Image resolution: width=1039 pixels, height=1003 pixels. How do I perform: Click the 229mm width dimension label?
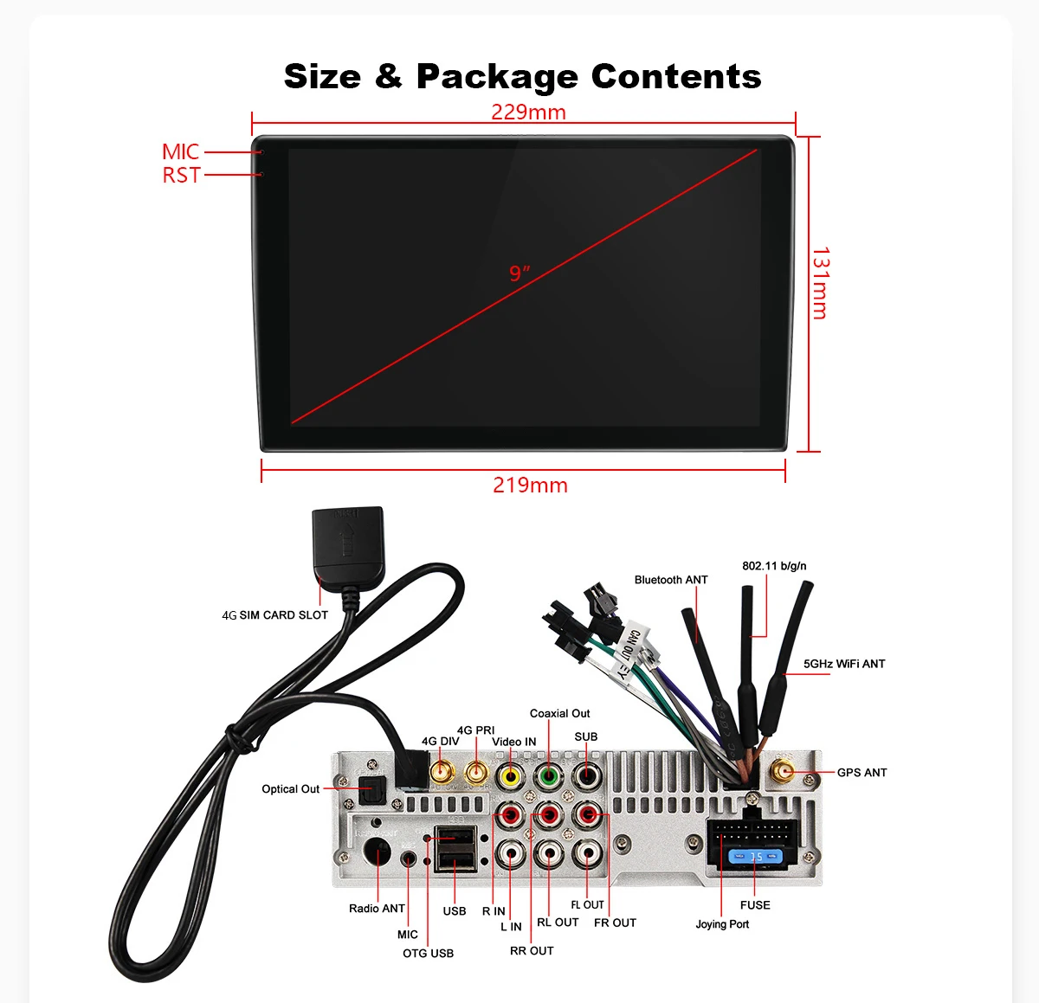528,113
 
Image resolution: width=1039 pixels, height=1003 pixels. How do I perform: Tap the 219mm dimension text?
530,485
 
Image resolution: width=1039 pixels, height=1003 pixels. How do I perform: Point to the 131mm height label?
820,283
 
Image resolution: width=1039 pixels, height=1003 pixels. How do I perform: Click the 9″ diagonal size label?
519,273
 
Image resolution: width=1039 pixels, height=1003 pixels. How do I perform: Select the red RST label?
181,176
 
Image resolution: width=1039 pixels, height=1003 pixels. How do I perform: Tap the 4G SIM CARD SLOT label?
274,615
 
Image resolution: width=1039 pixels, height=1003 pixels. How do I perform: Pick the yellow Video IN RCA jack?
511,776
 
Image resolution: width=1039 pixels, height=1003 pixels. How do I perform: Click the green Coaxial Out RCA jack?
548,776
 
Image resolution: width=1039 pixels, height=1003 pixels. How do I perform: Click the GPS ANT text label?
862,773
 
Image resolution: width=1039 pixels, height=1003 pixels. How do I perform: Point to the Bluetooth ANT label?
671,580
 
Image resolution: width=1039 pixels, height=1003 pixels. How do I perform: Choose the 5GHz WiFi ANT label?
843,664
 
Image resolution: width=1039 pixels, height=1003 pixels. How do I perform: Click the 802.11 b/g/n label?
774,566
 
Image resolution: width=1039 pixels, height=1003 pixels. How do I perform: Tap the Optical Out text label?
290,789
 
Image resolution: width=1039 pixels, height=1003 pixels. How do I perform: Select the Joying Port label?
722,924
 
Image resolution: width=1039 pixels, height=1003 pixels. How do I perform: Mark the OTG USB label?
428,954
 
